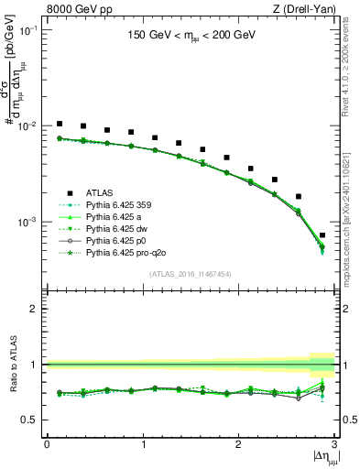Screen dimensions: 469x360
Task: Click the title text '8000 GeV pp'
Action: tap(75, 9)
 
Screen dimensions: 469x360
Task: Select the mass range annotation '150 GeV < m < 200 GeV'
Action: tap(190, 38)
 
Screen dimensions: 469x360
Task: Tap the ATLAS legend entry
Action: tap(100, 192)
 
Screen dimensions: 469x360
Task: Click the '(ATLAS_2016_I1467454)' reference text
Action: tap(190, 274)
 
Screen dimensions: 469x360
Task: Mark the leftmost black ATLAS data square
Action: tap(60, 124)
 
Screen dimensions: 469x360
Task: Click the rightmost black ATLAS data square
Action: tap(322, 235)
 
